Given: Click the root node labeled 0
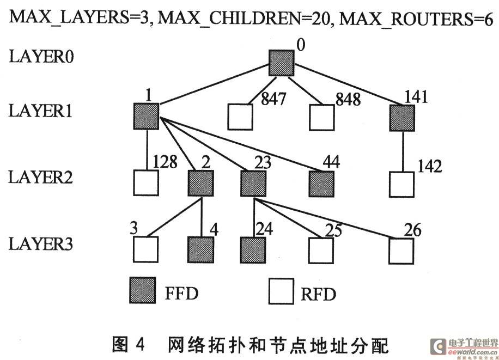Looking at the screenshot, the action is coord(281,63).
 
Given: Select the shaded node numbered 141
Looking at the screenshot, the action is coord(402,118).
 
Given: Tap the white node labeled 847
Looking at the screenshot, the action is coord(240,117).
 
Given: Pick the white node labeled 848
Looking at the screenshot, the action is coord(322,118).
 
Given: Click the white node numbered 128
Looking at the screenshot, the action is coord(146,182).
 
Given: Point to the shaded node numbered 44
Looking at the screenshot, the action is coord(321,184).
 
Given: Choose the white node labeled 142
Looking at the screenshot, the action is coord(402,185).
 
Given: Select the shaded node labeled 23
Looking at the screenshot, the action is coord(253,184).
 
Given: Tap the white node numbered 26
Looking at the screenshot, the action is coord(401,251).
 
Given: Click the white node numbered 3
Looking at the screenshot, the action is coord(145,249).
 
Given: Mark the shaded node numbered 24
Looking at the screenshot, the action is coord(253,250).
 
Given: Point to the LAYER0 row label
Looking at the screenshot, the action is coord(41,57).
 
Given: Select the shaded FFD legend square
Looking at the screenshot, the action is coord(143,290).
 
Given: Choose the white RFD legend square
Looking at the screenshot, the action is coord(281,291).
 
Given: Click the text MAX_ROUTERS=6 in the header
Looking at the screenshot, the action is coord(416,19).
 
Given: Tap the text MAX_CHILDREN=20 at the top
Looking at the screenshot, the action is coord(246,19).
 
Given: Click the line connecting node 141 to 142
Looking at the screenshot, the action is coord(403,151).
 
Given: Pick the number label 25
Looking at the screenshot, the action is coord(333,230).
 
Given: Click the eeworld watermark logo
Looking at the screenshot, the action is coord(464,347).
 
